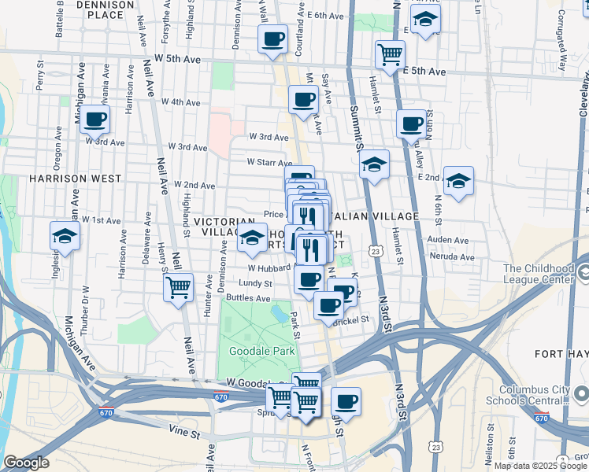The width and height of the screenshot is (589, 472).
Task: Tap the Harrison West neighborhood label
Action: pos(62,179)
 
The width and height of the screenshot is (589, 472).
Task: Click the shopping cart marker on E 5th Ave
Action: pos(390,54)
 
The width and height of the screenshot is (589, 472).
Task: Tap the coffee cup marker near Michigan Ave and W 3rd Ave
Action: pos(94,120)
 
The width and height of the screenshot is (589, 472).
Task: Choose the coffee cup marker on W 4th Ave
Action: pos(303,99)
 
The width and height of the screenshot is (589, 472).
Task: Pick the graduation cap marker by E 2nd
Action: pos(458,181)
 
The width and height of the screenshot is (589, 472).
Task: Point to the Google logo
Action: pos(26,463)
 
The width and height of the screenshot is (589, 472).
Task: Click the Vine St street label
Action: pos(185,430)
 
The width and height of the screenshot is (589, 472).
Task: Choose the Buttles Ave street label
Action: pos(248,298)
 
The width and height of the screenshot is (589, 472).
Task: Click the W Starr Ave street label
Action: pos(269,162)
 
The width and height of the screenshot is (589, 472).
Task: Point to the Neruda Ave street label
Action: pos(452,256)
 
